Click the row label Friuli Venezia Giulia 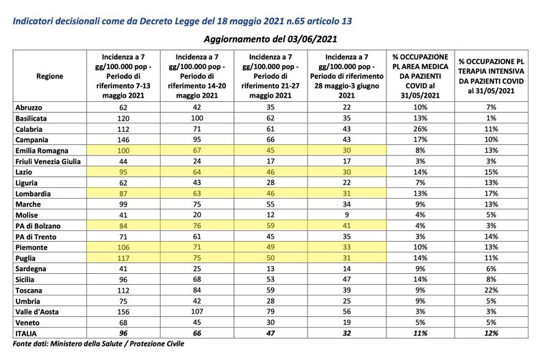tap(48, 161)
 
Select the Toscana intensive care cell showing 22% tap(491, 290)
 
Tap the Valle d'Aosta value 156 tap(123, 311)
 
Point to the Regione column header tap(49, 76)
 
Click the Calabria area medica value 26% tap(420, 129)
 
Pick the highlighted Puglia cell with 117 tap(123, 258)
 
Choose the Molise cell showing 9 tap(346, 214)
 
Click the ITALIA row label tap(26, 333)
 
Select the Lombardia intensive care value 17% tap(491, 194)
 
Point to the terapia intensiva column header tap(491, 76)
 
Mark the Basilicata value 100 tap(197, 118)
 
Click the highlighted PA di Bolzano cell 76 tap(197, 226)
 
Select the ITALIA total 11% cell tap(420, 333)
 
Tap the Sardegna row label tap(31, 269)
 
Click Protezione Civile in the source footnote tap(157, 344)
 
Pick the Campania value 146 tap(123, 140)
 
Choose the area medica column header tap(420, 76)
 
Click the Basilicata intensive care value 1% tap(491, 118)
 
